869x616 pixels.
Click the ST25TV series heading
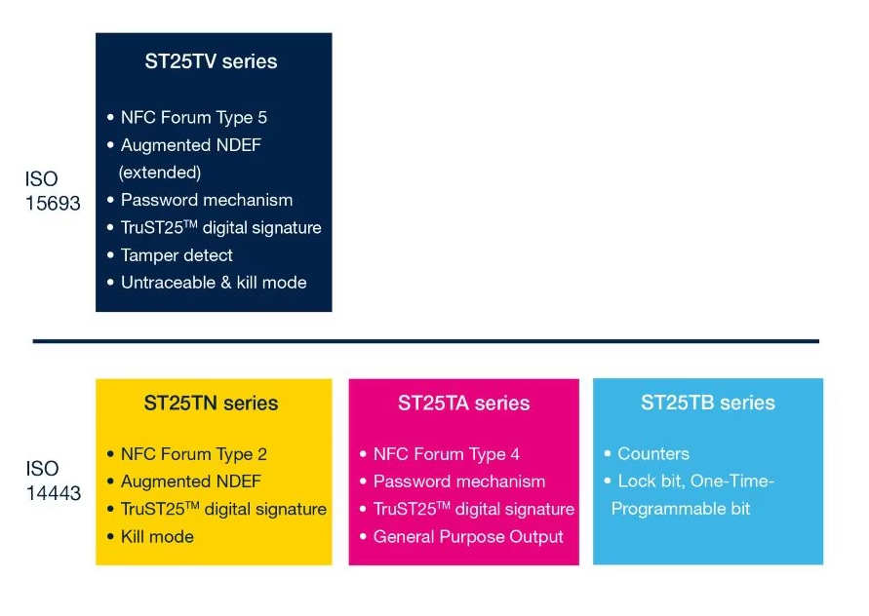tap(211, 61)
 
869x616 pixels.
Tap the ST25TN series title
tap(211, 403)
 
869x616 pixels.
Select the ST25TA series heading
tap(463, 403)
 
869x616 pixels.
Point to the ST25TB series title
tap(708, 403)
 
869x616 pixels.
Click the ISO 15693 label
tap(53, 191)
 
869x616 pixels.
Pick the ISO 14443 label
tap(54, 481)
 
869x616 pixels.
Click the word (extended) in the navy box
tap(160, 173)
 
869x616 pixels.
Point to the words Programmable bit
tap(681, 509)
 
